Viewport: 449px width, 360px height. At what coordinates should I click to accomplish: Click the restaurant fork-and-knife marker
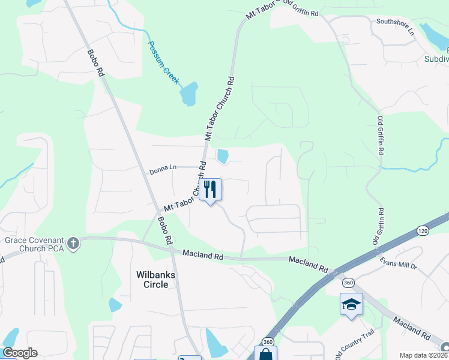point(210,190)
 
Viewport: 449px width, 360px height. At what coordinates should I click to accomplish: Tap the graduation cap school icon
point(351,305)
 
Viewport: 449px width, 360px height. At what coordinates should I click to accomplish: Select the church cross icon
point(73,244)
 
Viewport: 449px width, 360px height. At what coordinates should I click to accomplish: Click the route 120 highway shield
point(422,232)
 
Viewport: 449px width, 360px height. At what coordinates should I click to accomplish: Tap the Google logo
point(20,353)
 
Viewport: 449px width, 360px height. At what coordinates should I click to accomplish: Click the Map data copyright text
point(423,355)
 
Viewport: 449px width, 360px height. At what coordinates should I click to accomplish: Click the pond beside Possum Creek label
point(188,94)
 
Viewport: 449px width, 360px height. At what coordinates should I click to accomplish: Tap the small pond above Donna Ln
point(223,157)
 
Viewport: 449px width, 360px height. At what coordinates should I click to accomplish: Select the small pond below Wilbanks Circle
point(115,305)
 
